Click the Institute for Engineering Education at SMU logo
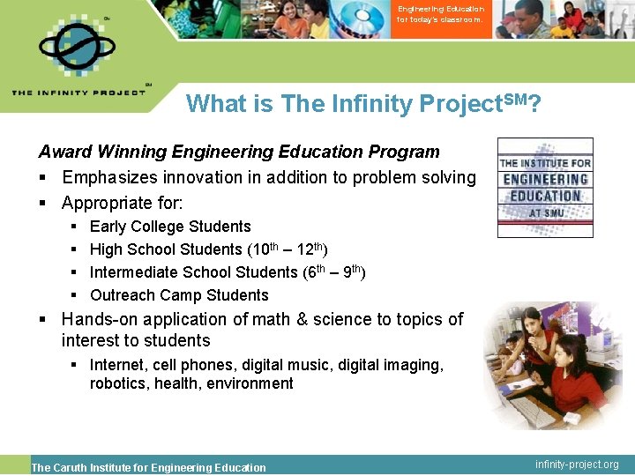point(545,187)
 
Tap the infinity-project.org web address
point(578,465)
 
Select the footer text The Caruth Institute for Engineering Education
point(148,467)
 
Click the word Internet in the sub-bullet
point(118,364)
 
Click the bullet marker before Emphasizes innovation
point(44,178)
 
